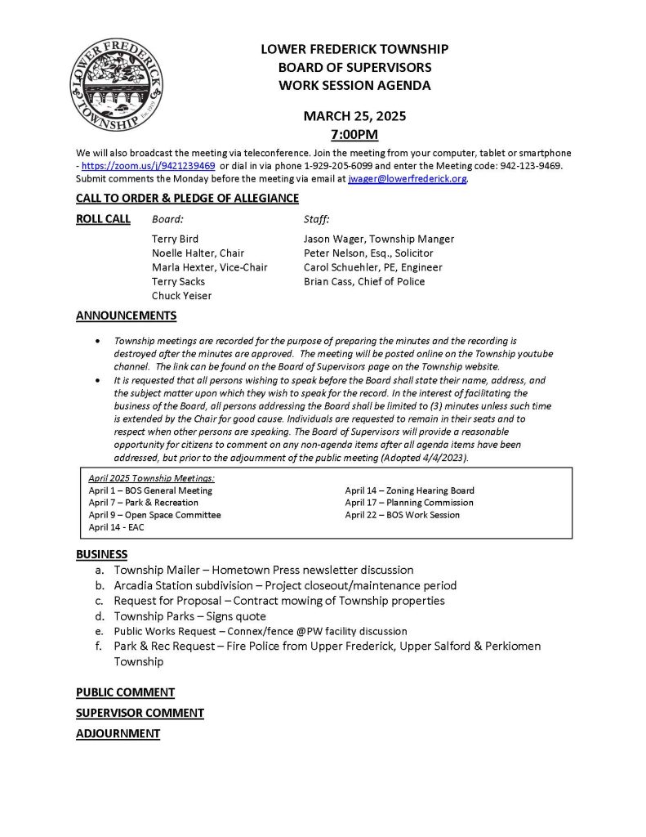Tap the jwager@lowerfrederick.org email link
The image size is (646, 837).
click(x=408, y=179)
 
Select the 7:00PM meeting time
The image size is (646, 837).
click(x=354, y=134)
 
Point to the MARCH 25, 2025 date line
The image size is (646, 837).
click(x=354, y=116)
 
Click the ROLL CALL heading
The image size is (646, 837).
click(x=103, y=219)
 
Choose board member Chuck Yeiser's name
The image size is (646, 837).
click(x=181, y=296)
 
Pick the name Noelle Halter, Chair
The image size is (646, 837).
click(x=198, y=253)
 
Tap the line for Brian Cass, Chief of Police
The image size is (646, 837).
click(x=364, y=282)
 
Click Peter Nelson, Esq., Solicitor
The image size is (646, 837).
click(x=368, y=253)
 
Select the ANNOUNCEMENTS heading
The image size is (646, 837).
click(x=126, y=316)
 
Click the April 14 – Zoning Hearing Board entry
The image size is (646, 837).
click(x=409, y=490)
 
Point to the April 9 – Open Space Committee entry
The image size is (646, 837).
click(x=154, y=515)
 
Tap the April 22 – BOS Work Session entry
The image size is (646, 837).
click(x=402, y=515)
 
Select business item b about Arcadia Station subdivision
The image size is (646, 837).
click(x=285, y=585)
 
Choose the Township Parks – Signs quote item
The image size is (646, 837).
click(x=189, y=616)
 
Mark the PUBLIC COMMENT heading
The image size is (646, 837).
click(x=125, y=692)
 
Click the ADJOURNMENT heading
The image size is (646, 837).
click(x=118, y=734)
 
